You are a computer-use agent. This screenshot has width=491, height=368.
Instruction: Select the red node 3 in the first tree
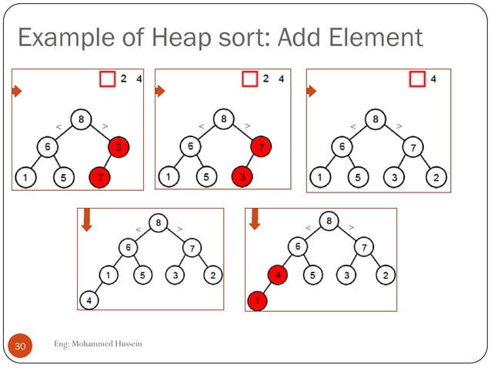coord(116,146)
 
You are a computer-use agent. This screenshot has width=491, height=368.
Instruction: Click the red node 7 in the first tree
coord(99,179)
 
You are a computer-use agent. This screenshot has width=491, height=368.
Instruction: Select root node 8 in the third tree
coord(375,120)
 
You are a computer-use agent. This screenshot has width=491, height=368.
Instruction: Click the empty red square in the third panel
coord(416,79)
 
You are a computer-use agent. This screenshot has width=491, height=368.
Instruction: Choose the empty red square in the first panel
coord(107,79)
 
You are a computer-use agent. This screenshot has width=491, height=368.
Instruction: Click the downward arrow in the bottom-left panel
coord(86,222)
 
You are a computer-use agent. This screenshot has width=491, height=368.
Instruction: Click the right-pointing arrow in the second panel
coord(160,91)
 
